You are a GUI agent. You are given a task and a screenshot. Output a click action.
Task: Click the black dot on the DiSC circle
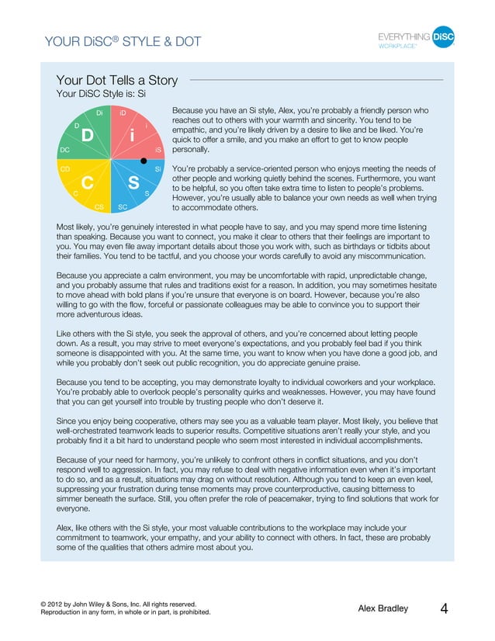[143, 160]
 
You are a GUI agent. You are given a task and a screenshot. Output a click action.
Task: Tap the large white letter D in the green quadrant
[87, 137]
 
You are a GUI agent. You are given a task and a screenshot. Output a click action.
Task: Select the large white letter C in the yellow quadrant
[87, 183]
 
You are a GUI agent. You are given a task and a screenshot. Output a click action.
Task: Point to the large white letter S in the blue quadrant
[133, 184]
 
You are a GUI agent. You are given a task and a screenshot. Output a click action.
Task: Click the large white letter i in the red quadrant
[133, 137]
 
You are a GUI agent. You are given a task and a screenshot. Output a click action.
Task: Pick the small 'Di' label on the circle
[99, 113]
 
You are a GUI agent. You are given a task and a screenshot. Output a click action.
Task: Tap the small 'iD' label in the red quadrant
[123, 113]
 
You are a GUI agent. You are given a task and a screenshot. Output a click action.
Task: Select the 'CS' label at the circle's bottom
[99, 207]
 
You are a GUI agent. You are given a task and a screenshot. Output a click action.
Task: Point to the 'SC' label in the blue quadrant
[123, 207]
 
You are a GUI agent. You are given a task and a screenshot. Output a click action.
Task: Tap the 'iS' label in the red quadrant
[157, 149]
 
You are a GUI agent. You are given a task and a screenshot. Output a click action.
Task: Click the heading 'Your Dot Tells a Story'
[116, 80]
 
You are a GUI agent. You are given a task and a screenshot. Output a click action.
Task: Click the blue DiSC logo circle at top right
[442, 37]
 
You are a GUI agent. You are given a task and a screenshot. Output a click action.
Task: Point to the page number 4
[444, 609]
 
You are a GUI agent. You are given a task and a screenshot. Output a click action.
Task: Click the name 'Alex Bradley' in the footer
[382, 609]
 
